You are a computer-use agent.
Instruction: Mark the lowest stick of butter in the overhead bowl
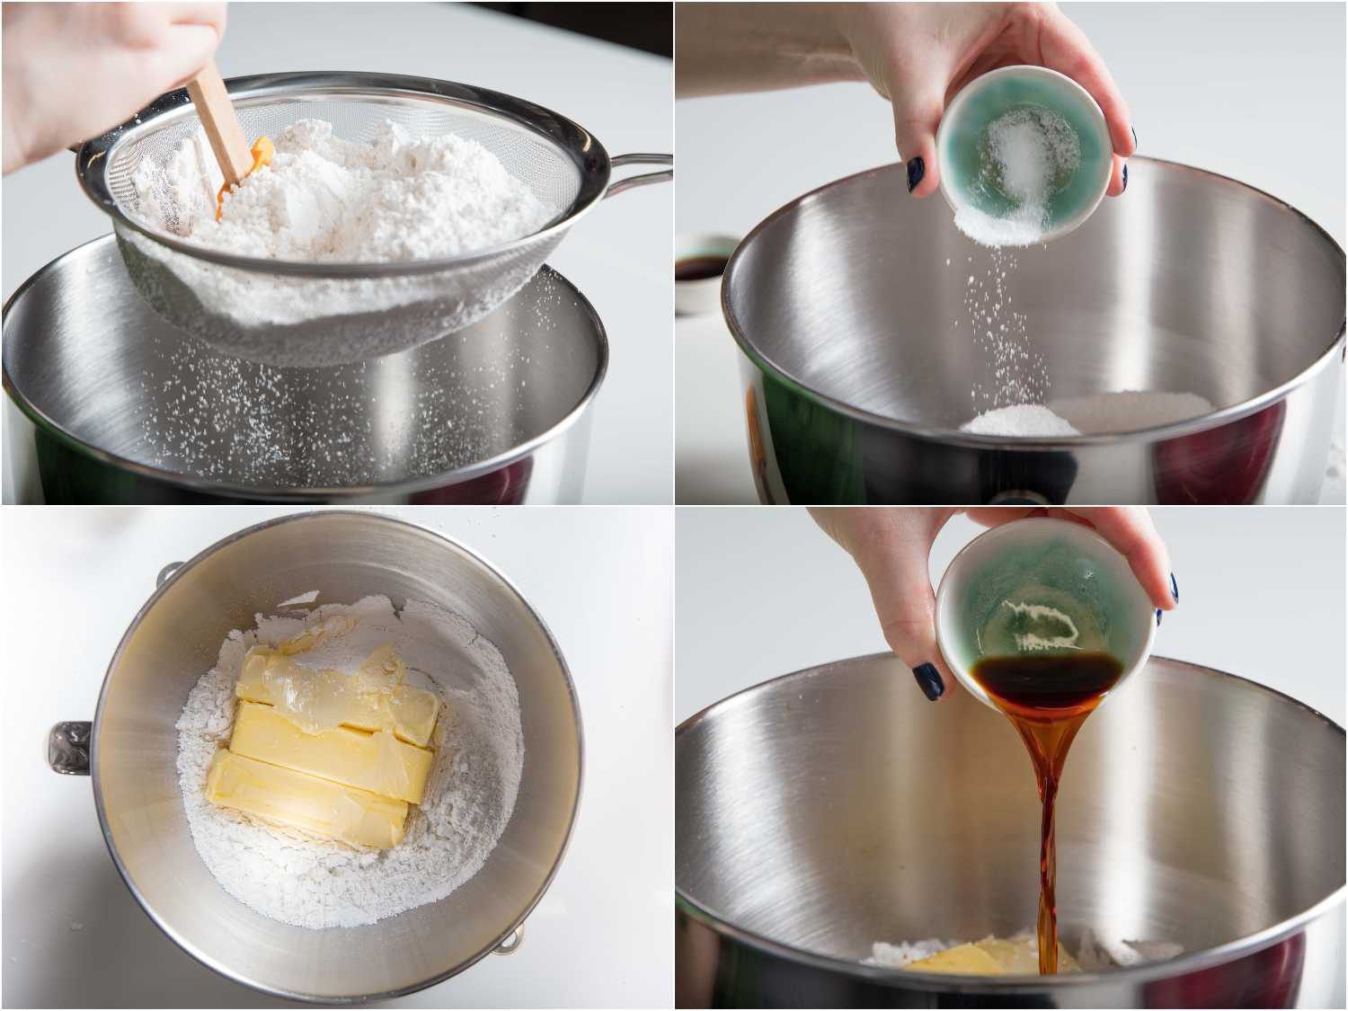[306, 800]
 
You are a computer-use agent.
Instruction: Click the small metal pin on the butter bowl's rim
[509, 942]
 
